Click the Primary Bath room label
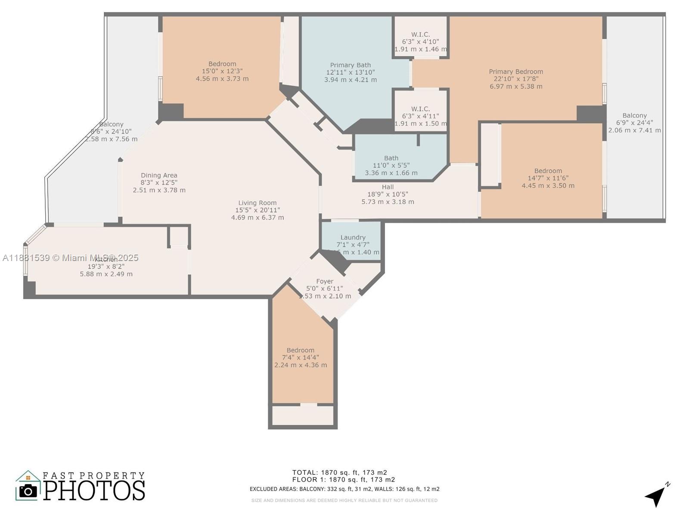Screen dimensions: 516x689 coord(350,65)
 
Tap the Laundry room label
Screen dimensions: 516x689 coord(353,237)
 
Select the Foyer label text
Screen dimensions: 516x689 coord(325,282)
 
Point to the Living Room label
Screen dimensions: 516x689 coord(258,203)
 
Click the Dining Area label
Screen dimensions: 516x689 coord(159,175)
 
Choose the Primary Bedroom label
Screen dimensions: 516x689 coord(516,72)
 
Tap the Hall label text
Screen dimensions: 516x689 coord(388,187)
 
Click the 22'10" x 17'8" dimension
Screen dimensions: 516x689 coord(516,79)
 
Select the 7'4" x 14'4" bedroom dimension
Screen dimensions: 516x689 coord(301,358)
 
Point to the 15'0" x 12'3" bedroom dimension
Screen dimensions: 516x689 coord(222,71)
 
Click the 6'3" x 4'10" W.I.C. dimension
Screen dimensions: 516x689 coord(420,42)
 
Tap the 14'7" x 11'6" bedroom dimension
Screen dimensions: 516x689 coord(548,178)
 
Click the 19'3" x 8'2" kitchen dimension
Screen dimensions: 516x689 coord(106,267)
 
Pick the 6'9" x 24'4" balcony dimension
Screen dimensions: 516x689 coord(634,123)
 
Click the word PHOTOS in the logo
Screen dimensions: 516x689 coord(94,491)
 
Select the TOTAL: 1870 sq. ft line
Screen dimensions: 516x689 coord(339,473)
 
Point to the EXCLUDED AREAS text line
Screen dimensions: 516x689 coord(344,489)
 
